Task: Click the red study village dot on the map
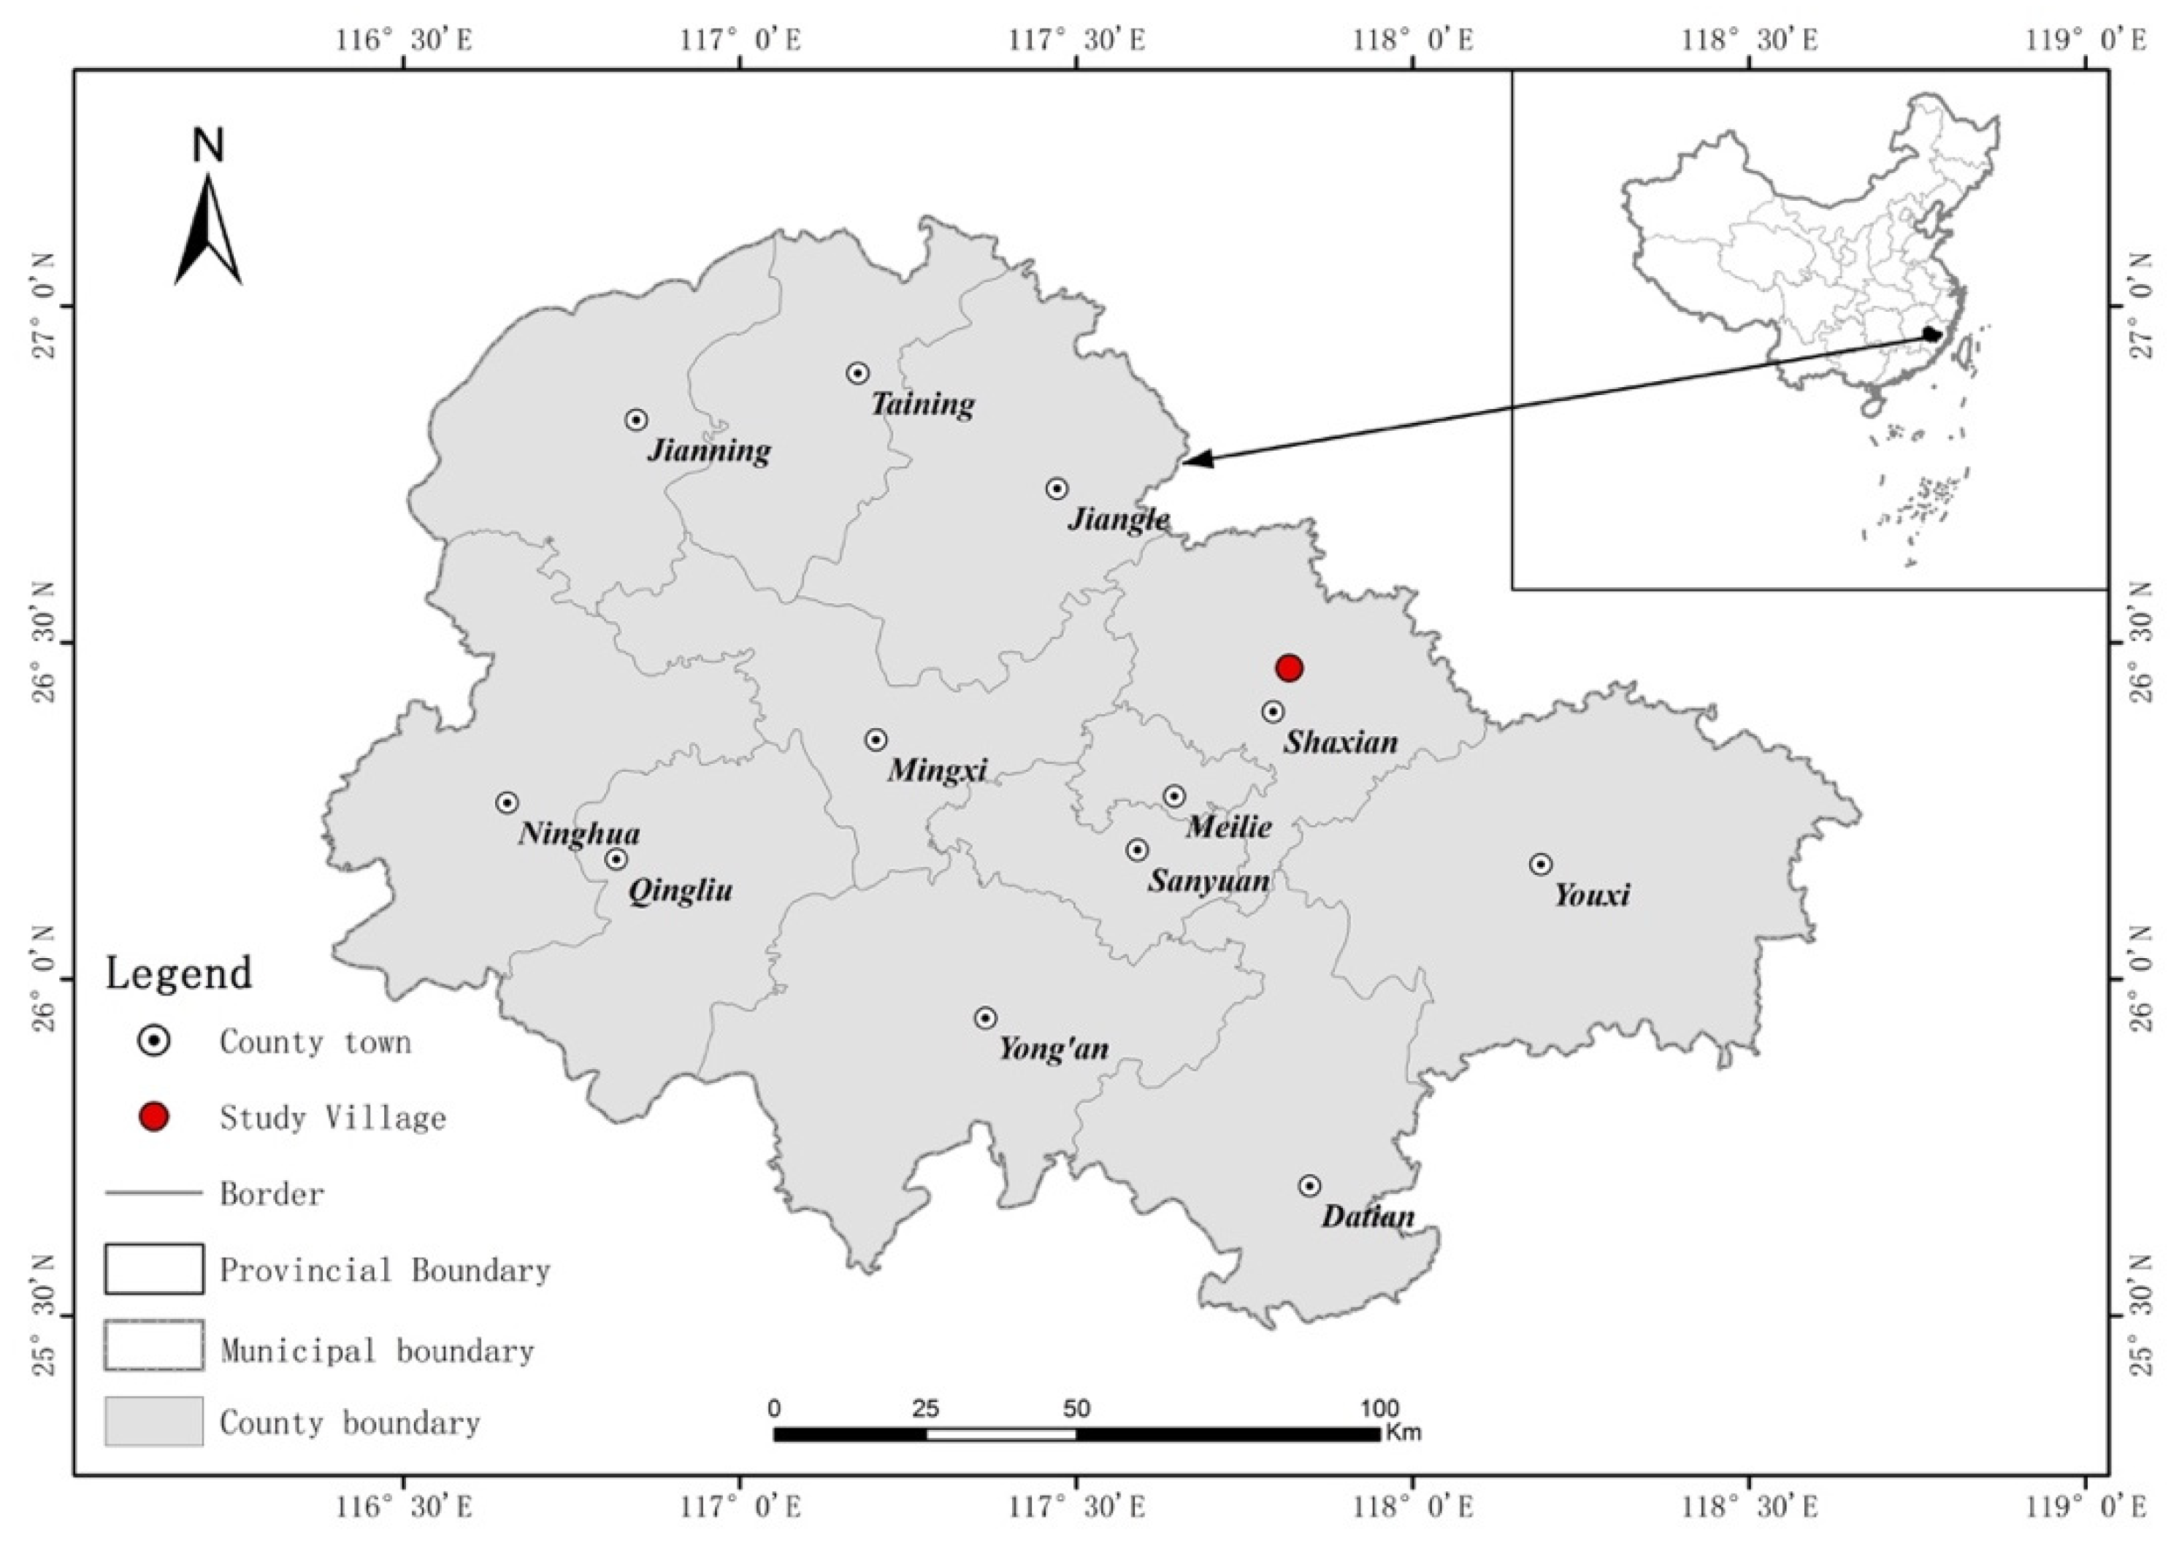pos(1288,668)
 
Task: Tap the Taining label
pos(922,405)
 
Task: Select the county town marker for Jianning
pos(637,420)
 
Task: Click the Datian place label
pos(1367,1217)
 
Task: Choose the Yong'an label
pos(1053,1049)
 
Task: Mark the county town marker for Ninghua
pos(508,803)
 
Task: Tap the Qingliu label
pos(680,891)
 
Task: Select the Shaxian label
pos(1341,743)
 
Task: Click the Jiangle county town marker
pos(1057,489)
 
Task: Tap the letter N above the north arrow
pos(207,145)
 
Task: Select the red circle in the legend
pos(154,1117)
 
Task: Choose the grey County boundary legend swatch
pos(154,1421)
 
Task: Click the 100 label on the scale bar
pos(1379,1408)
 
